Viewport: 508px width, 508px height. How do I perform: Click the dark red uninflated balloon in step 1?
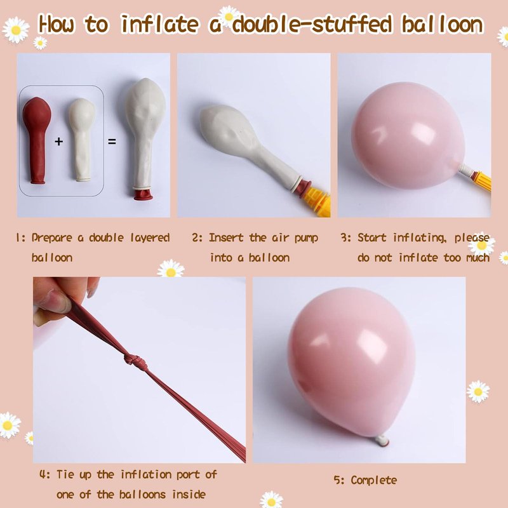coord(36,139)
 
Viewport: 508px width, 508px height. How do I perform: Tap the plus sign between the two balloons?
coord(58,141)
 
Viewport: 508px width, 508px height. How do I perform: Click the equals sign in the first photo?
coord(112,142)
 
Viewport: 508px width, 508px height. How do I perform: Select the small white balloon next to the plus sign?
coord(83,139)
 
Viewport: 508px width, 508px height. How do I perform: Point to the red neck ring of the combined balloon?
coord(144,195)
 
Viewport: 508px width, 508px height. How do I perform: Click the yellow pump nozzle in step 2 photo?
coord(317,201)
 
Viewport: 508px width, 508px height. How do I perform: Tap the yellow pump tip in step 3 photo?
coord(483,181)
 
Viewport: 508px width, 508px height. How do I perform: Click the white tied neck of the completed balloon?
coord(382,440)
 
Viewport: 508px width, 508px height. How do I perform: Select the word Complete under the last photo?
coord(373,480)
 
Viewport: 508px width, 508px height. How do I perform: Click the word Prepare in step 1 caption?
coord(52,238)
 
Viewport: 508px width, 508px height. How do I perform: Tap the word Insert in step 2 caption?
coord(226,237)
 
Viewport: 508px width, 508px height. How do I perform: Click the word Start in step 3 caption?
coord(372,237)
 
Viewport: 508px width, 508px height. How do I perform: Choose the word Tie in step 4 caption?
coord(66,474)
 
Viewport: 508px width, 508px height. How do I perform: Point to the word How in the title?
coord(57,24)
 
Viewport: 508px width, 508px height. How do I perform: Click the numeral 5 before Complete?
coord(337,480)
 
